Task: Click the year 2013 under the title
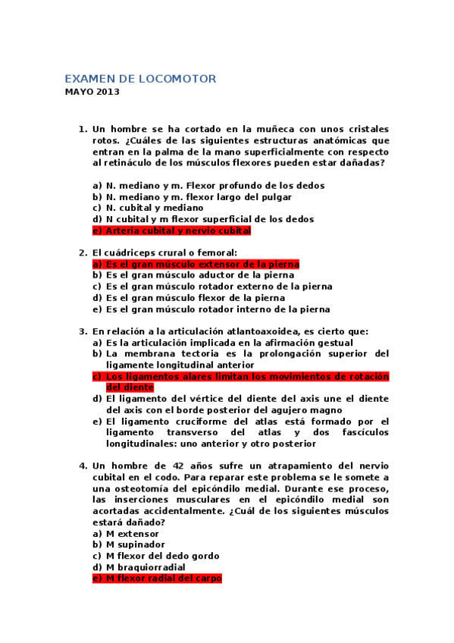(107, 93)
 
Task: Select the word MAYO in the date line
(77, 93)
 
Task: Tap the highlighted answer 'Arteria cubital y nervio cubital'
(178, 231)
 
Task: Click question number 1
(83, 129)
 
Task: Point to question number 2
(83, 252)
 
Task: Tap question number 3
(83, 331)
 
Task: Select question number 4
(83, 465)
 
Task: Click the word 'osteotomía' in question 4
(142, 488)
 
